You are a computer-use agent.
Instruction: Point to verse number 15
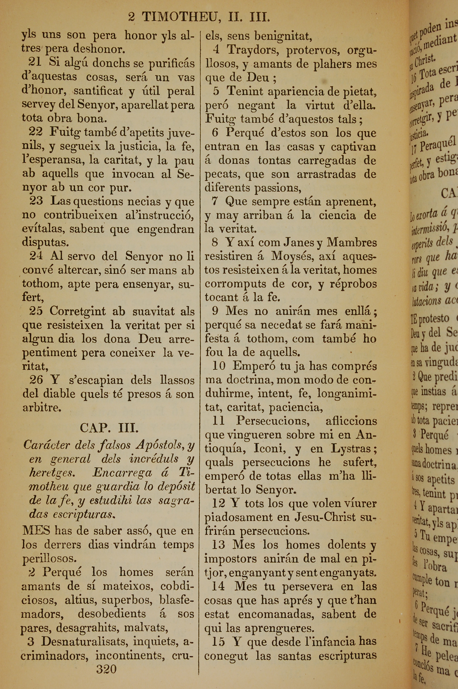tap(218, 642)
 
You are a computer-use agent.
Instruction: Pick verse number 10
tap(219, 366)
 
